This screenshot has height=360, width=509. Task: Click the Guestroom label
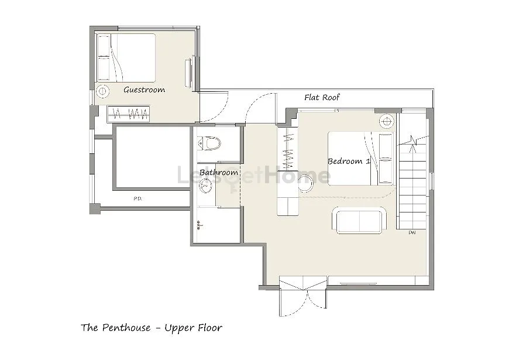(144, 90)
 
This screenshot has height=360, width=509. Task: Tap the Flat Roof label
(322, 97)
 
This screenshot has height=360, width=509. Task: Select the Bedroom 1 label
(349, 161)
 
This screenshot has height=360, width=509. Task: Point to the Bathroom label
(219, 172)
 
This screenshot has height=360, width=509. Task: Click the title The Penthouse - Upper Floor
(152, 327)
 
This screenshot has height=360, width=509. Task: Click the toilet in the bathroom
(209, 143)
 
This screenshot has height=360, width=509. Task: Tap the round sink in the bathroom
(206, 185)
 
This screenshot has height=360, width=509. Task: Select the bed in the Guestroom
(126, 58)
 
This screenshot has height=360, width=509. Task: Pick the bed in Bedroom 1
(360, 158)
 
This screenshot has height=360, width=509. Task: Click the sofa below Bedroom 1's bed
(360, 220)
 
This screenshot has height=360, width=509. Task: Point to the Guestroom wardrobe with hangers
(128, 114)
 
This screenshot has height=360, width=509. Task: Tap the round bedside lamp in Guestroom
(103, 91)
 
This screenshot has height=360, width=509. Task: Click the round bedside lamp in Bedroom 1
(386, 121)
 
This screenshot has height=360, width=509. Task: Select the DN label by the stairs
(412, 232)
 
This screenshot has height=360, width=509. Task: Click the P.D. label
(137, 198)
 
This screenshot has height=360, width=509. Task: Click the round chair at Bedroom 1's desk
(305, 183)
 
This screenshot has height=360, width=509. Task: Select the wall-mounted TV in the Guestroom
(188, 73)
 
